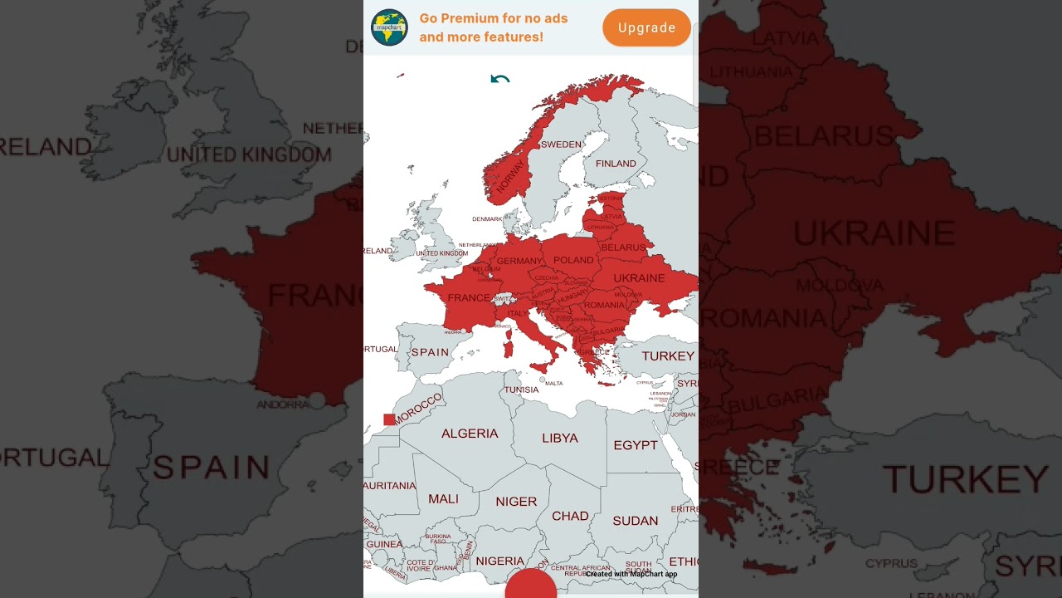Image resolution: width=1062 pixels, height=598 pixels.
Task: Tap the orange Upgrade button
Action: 646,28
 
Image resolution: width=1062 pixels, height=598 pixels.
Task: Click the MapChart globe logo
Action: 389,27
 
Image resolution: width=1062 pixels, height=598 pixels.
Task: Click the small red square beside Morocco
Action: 389,419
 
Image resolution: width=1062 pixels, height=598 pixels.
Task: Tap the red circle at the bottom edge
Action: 530,585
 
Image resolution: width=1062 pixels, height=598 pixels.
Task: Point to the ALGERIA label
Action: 470,434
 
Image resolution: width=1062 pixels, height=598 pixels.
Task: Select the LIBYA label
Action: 560,438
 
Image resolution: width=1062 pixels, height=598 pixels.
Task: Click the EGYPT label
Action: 636,445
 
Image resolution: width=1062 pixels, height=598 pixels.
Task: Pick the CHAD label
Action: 570,516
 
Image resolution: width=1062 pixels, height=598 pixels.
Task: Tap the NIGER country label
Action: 516,502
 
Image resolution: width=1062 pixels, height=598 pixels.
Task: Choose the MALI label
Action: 443,499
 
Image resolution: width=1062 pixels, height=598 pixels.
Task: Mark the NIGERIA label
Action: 499,561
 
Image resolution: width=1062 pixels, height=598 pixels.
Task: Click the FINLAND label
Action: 616,164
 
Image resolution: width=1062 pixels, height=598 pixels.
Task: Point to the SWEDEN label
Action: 561,145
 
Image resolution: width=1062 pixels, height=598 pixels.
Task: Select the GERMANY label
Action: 519,261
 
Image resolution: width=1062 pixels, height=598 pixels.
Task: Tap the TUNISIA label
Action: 522,390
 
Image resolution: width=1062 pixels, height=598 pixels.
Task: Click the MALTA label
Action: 553,384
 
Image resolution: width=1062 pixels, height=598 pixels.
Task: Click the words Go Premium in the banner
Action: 458,18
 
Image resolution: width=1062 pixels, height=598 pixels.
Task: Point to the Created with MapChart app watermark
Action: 631,574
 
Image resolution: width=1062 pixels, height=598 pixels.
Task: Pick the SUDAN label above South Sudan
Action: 635,521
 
